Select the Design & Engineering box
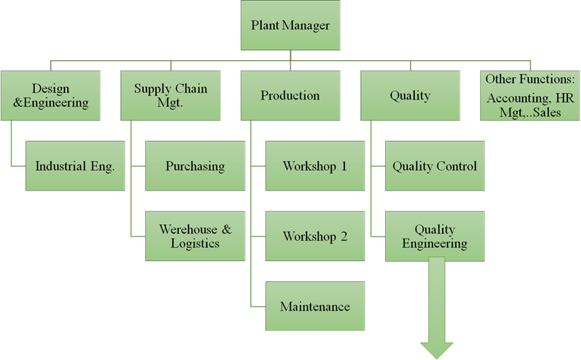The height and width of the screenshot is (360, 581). (x=51, y=96)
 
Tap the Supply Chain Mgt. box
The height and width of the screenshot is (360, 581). (x=170, y=96)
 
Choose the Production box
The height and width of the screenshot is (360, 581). (x=290, y=96)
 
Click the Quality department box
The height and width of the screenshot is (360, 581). (x=409, y=96)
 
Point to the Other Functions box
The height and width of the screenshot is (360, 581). (x=529, y=96)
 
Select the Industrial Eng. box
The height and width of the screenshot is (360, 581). (x=75, y=166)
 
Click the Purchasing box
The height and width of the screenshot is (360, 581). (x=195, y=166)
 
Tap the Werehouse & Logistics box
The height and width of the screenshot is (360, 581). (x=195, y=236)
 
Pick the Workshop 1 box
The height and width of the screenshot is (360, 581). (x=315, y=166)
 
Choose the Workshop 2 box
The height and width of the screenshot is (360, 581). (x=315, y=237)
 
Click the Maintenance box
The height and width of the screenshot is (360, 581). (x=315, y=306)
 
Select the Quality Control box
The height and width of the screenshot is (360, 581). (x=435, y=166)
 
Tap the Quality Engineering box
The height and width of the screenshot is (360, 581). (x=435, y=237)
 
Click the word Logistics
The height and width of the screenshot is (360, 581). (x=195, y=243)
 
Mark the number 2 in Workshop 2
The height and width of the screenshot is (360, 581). (x=344, y=237)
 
